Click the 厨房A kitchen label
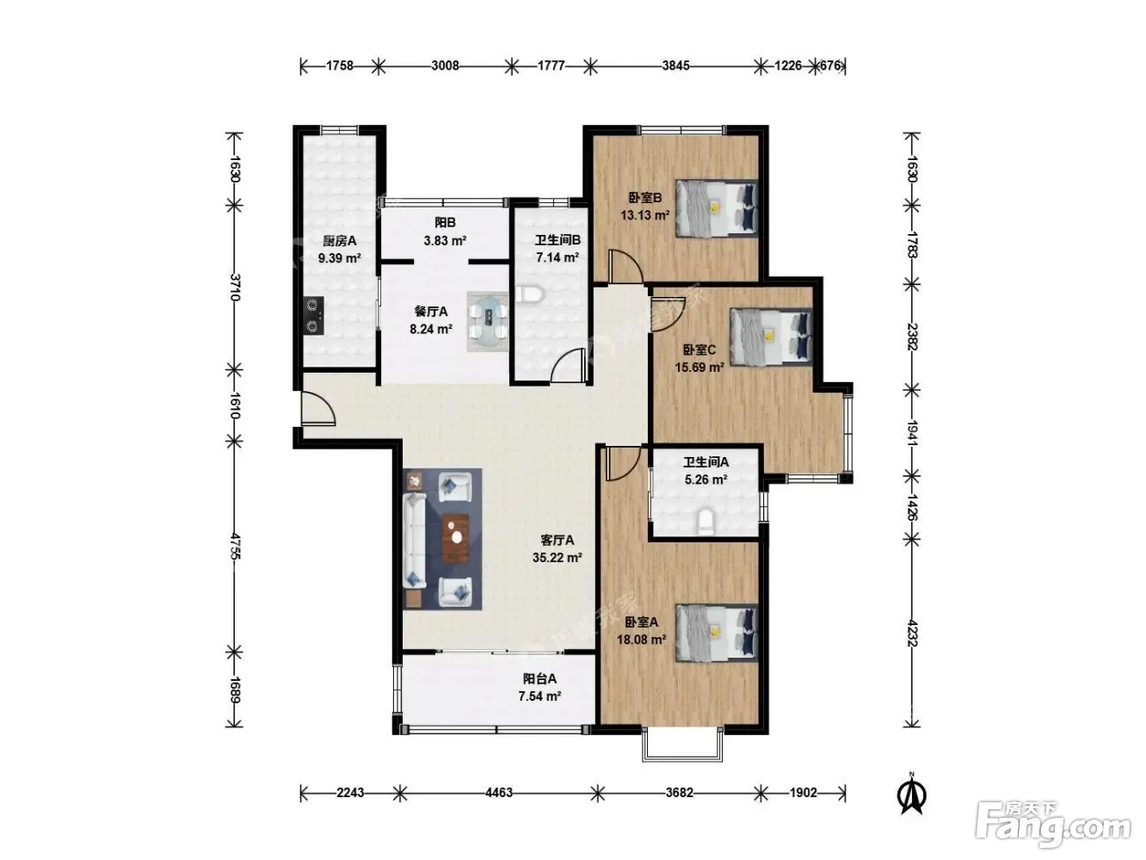(339, 241)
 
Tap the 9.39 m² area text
(339, 258)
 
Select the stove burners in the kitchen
(314, 316)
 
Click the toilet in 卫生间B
(529, 294)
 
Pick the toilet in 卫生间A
(705, 521)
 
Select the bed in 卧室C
(771, 337)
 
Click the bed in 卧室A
(717, 633)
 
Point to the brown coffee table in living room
(455, 538)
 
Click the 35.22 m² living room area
(557, 557)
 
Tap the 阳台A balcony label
(539, 678)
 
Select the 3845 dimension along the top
(675, 65)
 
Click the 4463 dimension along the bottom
(499, 792)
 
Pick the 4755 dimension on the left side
(234, 546)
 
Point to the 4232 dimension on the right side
(912, 633)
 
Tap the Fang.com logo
(1053, 826)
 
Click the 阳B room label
(445, 222)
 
